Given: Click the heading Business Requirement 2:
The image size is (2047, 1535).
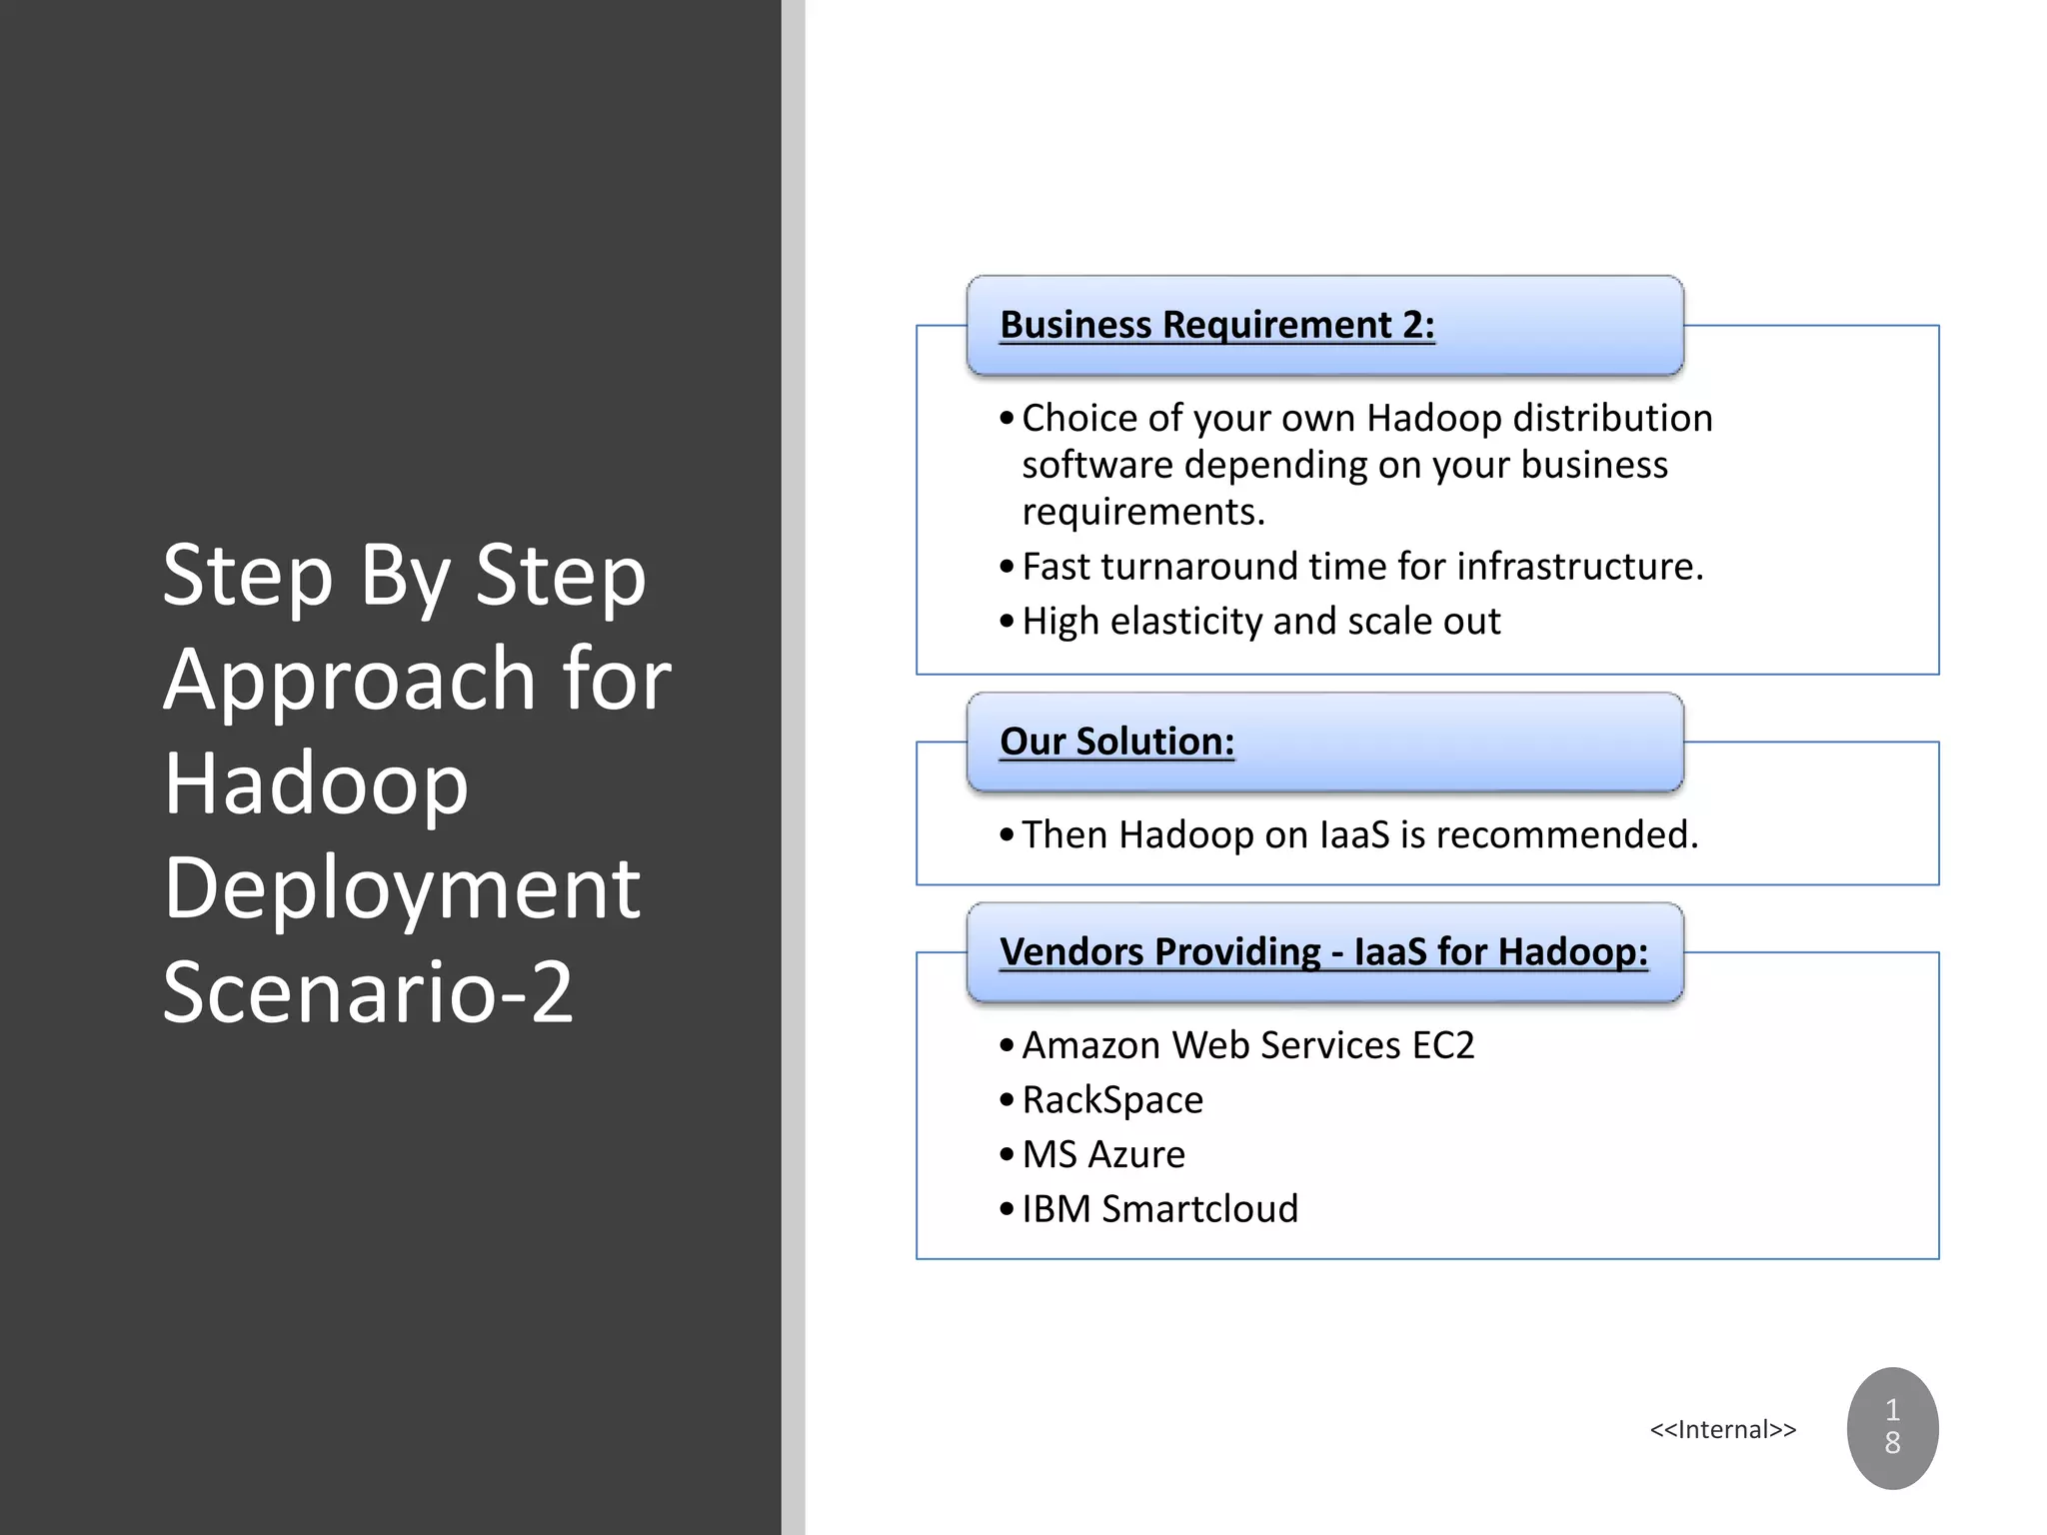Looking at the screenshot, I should click(x=1216, y=325).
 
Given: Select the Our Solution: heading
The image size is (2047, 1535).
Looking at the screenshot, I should click(x=1116, y=742).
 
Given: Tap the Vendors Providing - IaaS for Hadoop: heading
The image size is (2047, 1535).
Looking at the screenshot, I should click(x=1323, y=951).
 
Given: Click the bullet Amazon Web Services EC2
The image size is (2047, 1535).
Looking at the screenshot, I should click(x=1247, y=1045).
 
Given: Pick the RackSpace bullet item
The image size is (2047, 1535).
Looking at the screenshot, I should click(x=1111, y=1100).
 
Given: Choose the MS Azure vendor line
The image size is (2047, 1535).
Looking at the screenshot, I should click(x=1102, y=1154).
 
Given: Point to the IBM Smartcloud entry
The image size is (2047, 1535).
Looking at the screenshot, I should click(x=1159, y=1209).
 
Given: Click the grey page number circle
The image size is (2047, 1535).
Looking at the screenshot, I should click(x=1891, y=1427).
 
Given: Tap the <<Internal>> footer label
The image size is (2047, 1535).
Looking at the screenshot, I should click(x=1722, y=1430).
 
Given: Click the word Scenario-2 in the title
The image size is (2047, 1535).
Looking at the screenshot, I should click(x=368, y=991).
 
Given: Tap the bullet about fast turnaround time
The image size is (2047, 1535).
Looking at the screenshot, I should click(x=1361, y=567).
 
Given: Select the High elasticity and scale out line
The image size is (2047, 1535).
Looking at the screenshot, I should click(x=1260, y=622).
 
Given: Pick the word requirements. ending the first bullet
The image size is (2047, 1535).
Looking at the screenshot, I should click(x=1142, y=512).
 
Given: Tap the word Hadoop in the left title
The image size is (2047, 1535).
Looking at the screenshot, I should click(x=316, y=783).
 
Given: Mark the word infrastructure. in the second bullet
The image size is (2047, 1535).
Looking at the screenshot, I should click(x=1579, y=567).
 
